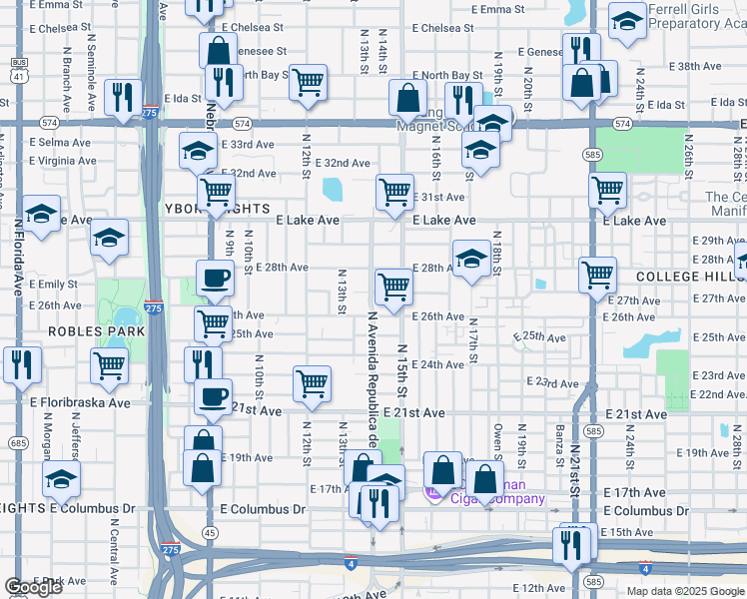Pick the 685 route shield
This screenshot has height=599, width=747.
coord(17,441)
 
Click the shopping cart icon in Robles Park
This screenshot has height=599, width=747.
coord(109,364)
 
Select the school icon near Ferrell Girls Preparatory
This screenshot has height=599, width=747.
coord(627,22)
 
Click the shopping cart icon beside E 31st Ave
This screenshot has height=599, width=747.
coord(394,191)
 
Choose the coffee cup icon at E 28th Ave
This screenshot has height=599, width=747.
coord(214,279)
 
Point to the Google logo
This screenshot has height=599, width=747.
coord(32,587)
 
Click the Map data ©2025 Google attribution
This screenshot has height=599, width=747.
coord(684,591)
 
